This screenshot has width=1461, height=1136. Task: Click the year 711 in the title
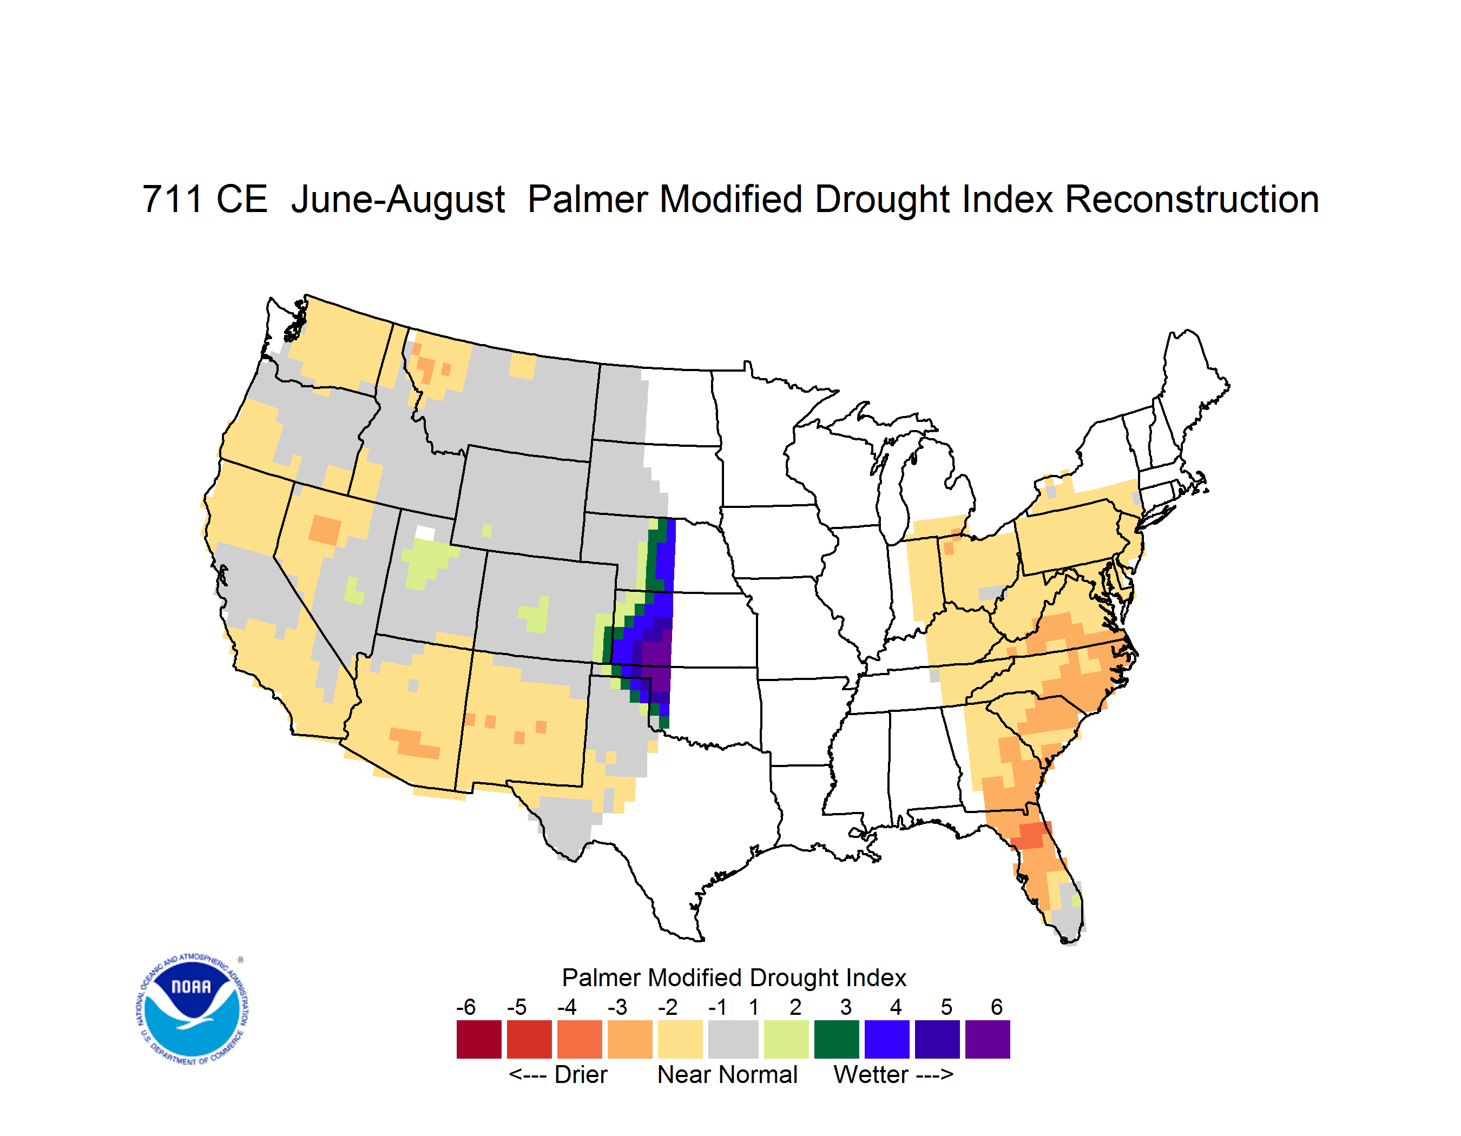click(172, 199)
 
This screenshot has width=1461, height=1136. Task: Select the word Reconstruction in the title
click(1192, 199)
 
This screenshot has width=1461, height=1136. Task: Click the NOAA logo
click(192, 1009)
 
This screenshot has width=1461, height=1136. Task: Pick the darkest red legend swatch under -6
click(479, 1039)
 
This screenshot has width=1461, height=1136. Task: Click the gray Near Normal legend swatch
click(733, 1039)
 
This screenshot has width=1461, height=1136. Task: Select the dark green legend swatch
click(836, 1039)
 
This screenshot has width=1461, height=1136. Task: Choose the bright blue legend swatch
click(887, 1039)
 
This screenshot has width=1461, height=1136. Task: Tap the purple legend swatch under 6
click(988, 1039)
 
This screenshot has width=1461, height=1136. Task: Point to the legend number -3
click(617, 1006)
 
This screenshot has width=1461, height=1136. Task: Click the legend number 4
click(896, 1006)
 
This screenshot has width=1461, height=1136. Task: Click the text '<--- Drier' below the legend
click(558, 1074)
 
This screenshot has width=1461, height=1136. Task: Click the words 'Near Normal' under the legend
click(727, 1074)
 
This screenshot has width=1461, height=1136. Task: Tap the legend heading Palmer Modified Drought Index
click(734, 978)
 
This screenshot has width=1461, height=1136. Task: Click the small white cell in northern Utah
click(425, 533)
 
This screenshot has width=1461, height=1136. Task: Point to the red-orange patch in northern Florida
click(1031, 835)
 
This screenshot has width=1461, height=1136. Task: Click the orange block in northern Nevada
click(325, 530)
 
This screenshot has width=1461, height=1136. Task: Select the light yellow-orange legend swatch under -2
click(680, 1039)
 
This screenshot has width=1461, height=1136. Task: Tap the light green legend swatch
click(786, 1039)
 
